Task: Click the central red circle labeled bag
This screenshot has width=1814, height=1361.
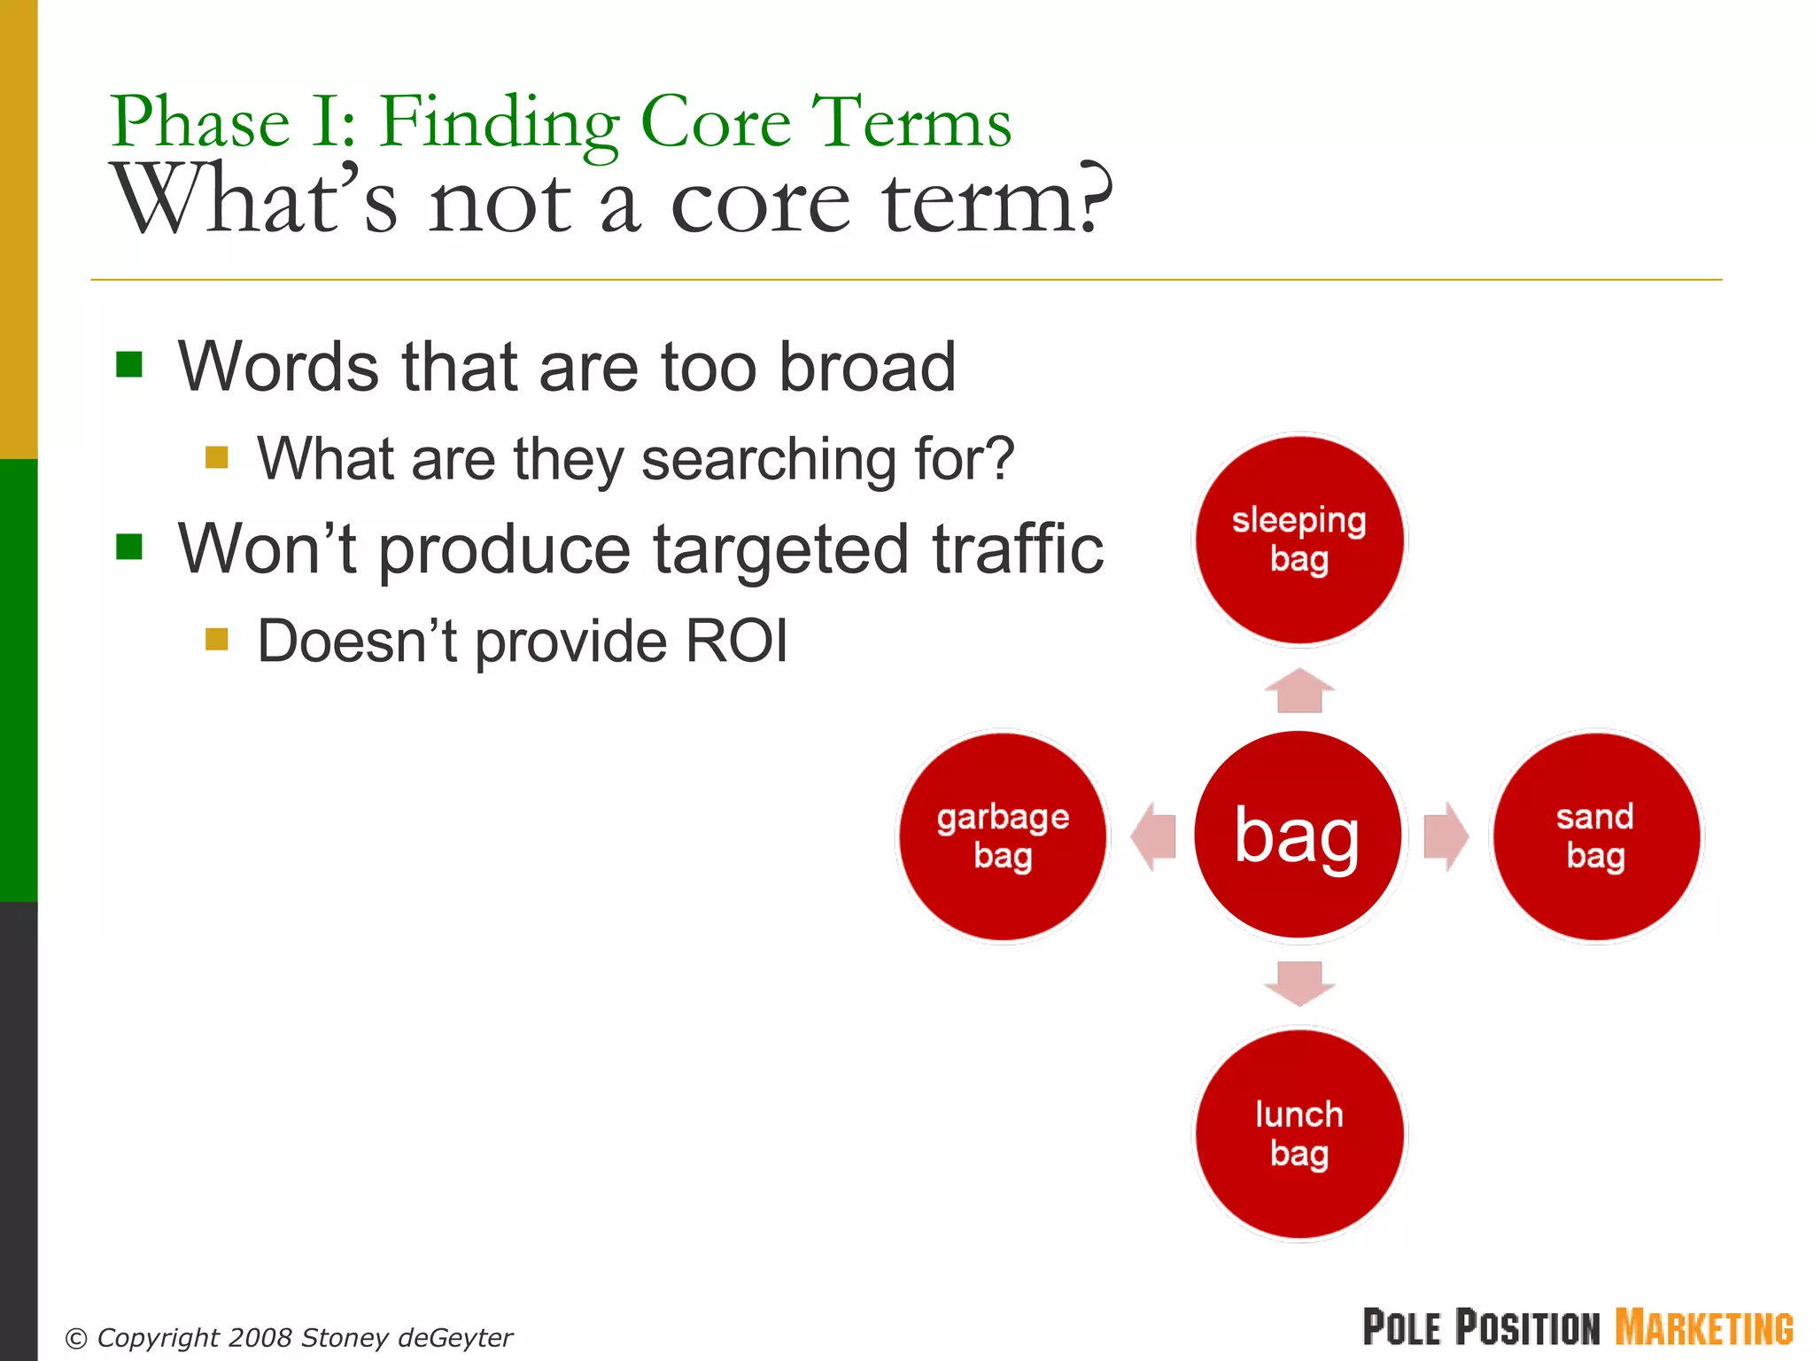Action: pos(1298,835)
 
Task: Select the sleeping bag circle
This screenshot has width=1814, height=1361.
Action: pos(1298,539)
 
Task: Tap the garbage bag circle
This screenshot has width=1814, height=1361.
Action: pos(1003,836)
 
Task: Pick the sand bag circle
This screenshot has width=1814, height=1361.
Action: pos(1595,836)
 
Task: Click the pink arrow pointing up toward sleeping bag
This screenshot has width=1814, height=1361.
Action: pos(1299,691)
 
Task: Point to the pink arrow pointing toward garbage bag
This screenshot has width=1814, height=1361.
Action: pos(1153,836)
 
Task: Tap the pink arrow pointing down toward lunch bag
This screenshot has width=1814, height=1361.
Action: pos(1299,982)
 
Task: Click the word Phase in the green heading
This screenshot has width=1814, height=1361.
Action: pos(200,121)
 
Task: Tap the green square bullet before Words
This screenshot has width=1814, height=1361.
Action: pos(129,364)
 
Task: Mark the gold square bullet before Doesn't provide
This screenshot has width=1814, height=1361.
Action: pos(216,639)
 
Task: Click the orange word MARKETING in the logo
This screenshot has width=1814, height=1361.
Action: pos(1703,1328)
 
